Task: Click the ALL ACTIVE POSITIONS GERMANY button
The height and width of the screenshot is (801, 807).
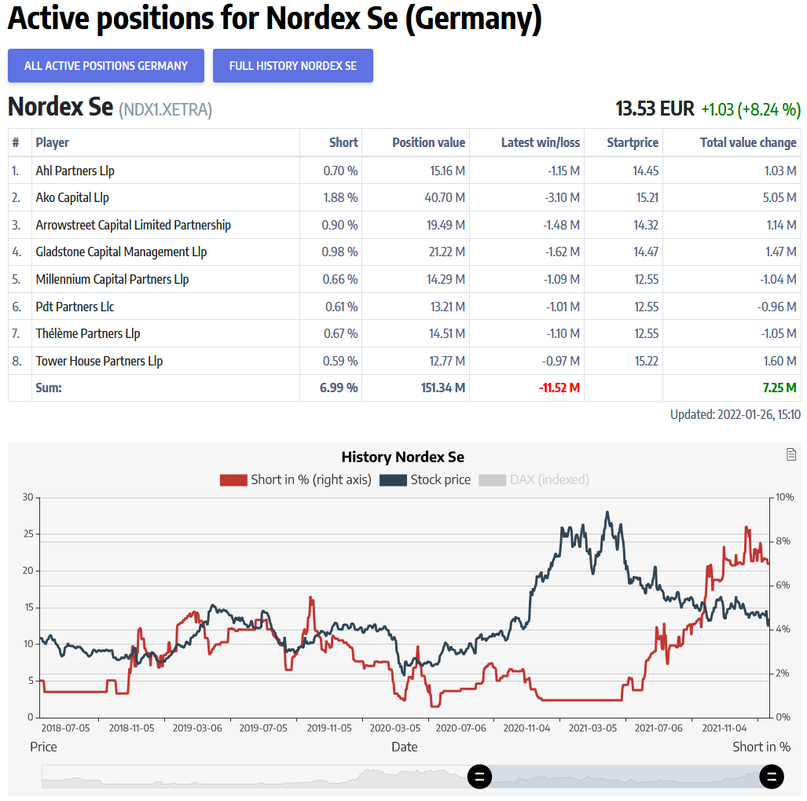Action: tap(106, 66)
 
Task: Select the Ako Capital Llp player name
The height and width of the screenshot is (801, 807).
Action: tap(72, 197)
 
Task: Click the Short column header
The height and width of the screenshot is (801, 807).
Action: tap(343, 142)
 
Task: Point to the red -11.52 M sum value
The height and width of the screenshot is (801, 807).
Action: tap(559, 388)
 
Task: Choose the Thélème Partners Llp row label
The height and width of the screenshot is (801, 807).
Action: tap(88, 333)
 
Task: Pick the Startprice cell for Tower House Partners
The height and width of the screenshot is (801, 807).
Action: tap(645, 361)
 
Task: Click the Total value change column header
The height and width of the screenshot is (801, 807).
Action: tap(748, 142)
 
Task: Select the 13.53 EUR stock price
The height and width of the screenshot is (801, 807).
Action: tap(655, 108)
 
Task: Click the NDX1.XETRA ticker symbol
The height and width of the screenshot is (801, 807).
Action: tap(165, 110)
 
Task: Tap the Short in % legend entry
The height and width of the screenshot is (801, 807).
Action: tap(296, 479)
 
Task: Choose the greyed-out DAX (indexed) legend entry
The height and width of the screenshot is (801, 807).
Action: tap(534, 479)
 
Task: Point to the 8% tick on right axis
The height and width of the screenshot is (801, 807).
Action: tap(783, 542)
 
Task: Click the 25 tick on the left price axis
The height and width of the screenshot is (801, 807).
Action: tap(28, 534)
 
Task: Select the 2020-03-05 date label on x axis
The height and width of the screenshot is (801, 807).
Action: tap(394, 729)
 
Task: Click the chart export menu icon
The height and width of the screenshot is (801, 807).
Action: tap(791, 454)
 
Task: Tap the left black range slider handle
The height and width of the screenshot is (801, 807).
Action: tap(480, 777)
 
